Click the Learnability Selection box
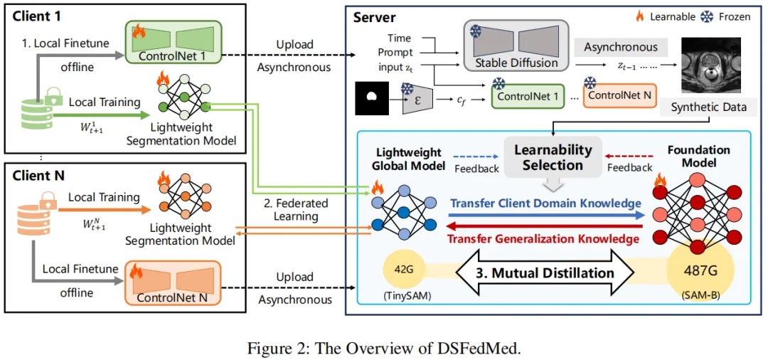click(553, 157)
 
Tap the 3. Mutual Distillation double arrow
click(545, 272)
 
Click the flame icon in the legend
click(639, 15)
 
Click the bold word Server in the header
click(374, 17)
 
